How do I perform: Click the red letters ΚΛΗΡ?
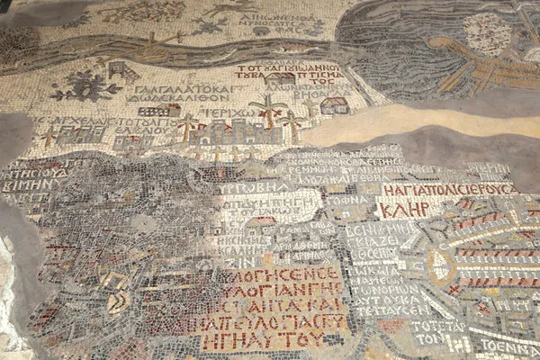(x=403, y=210)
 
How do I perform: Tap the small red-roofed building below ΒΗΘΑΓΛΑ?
(x=334, y=105)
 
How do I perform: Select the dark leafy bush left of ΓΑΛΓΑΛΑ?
(x=87, y=85)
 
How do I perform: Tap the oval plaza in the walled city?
(x=440, y=265)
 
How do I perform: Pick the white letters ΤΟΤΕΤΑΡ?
(x=440, y=325)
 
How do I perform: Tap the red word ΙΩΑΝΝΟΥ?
(x=287, y=67)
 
